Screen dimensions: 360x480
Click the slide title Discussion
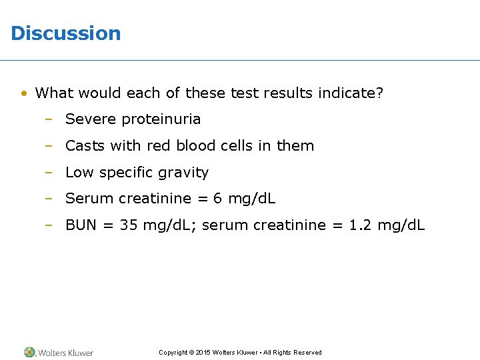coord(66,33)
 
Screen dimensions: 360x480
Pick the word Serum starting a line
coord(89,199)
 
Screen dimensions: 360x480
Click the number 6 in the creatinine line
coord(217,199)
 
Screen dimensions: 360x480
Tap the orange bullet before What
coord(23,93)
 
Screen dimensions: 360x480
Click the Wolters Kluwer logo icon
coord(30,352)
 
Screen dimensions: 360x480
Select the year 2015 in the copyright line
coord(203,353)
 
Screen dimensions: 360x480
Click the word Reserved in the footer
coord(307,353)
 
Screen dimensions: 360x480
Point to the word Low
coord(79,173)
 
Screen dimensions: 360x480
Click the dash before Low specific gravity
coord(49,173)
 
